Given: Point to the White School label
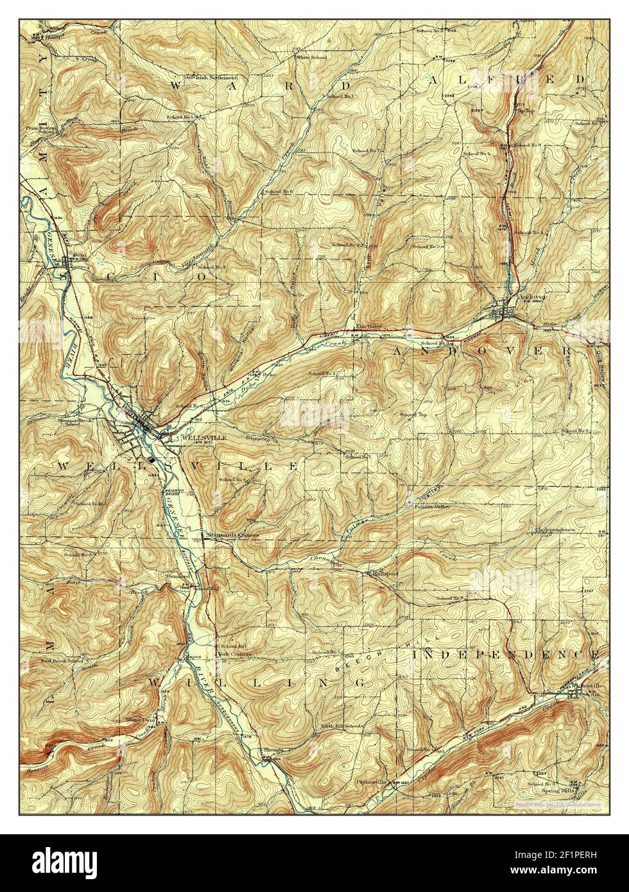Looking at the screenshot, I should [x=311, y=58].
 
